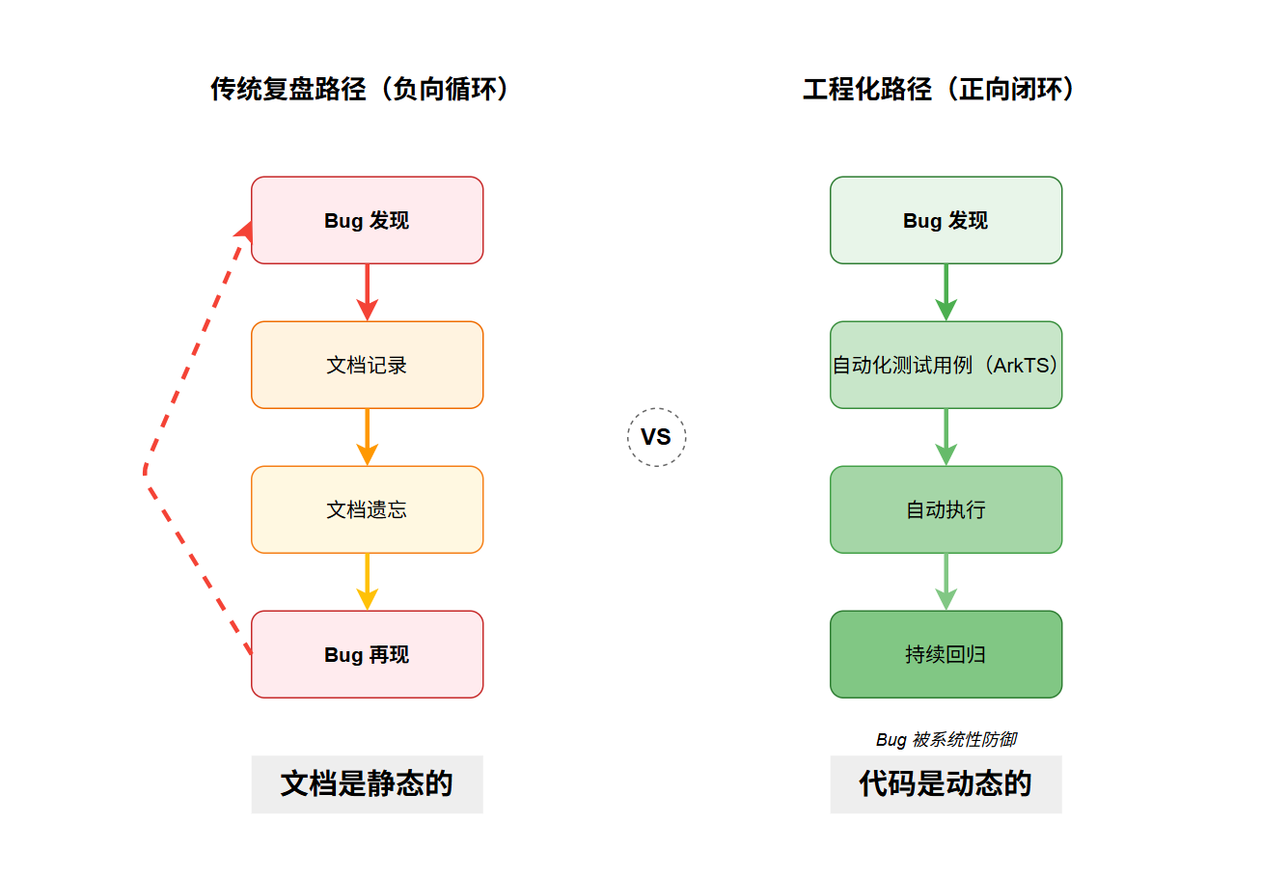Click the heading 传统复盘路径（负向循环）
point(360,90)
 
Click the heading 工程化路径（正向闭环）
point(939,90)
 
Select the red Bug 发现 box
point(367,220)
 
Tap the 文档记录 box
point(367,365)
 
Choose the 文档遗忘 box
point(367,509)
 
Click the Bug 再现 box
point(367,654)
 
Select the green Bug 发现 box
point(946,220)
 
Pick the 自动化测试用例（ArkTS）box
point(946,365)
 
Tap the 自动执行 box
point(946,509)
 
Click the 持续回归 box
point(946,654)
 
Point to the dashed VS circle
point(656,437)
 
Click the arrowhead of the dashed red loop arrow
point(245,231)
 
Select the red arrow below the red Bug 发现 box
point(367,291)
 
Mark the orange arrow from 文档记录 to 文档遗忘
point(367,436)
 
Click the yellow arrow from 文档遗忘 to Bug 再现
point(367,581)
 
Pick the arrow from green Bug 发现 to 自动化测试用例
point(946,291)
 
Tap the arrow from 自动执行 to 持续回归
point(946,581)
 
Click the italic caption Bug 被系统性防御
point(946,739)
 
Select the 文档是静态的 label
point(367,783)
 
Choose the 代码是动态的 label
point(946,783)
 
